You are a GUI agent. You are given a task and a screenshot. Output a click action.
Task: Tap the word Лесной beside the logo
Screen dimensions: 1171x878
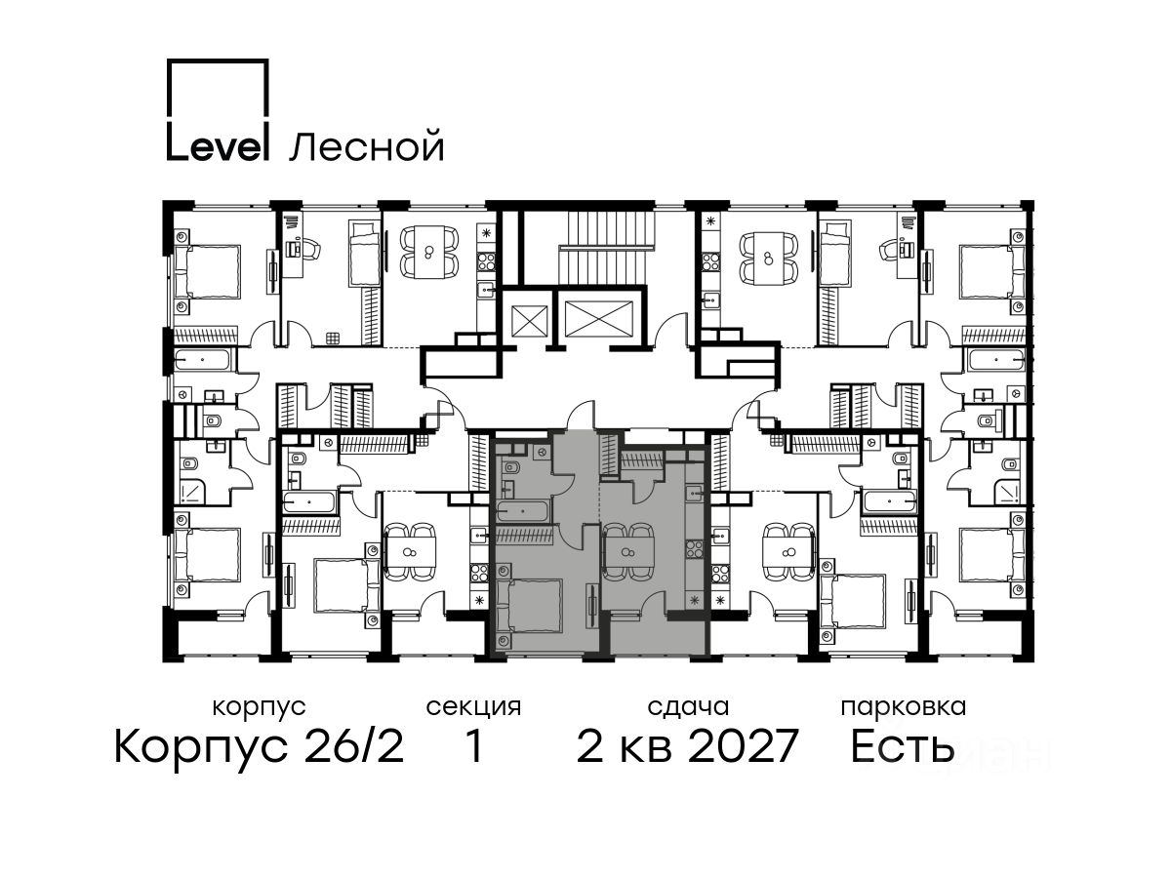tap(366, 146)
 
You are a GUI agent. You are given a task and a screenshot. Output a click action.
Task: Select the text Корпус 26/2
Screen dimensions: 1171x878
tap(260, 747)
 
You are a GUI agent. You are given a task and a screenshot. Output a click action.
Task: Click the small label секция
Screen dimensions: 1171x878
tap(473, 708)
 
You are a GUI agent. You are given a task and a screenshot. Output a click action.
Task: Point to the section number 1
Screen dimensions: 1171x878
tap(473, 747)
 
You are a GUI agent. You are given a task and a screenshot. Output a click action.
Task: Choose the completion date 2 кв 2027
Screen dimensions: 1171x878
tap(687, 747)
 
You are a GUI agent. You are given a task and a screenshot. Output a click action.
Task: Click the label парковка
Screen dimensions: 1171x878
tap(904, 708)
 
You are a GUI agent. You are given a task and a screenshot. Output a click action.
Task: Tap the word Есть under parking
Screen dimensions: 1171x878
tap(902, 747)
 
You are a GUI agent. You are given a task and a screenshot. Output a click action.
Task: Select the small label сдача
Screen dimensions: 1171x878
tap(688, 708)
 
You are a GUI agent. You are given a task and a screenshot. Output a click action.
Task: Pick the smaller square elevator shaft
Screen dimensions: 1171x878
tap(529, 322)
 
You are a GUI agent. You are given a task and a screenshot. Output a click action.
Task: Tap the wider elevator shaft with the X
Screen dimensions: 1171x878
tap(598, 319)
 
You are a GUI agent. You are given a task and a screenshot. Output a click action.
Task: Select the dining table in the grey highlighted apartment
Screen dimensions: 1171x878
tap(628, 552)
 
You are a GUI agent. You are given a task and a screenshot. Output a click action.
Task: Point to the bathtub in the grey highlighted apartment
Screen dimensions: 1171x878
tap(523, 512)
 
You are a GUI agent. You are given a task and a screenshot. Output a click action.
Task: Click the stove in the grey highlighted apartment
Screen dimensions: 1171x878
tap(694, 549)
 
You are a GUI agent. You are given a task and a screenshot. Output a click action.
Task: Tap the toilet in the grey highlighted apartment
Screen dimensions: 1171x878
tap(511, 468)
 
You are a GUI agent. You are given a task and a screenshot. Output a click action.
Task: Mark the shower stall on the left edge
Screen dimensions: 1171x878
tap(190, 492)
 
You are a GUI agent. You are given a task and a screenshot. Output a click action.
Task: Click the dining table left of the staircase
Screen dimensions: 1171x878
tap(428, 251)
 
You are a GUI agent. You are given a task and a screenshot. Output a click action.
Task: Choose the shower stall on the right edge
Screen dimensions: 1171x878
tap(1005, 492)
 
